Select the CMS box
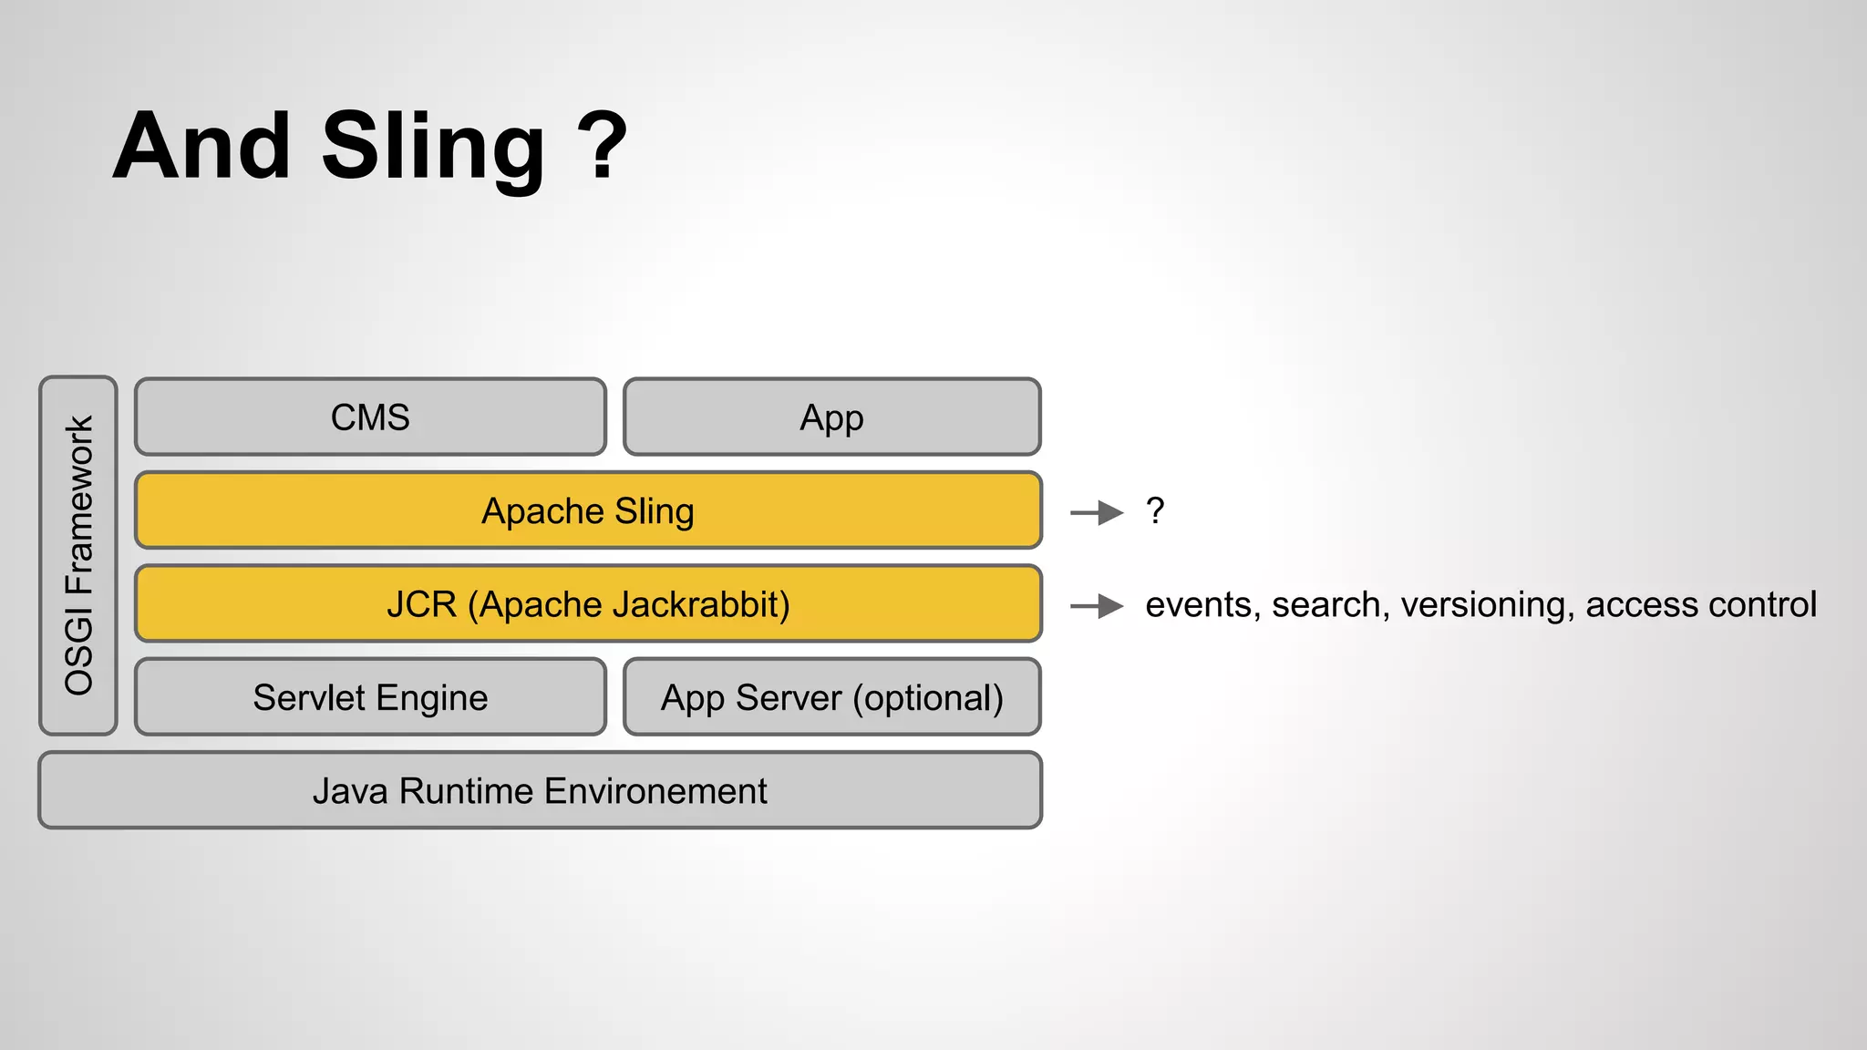[370, 417]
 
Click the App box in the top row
[831, 417]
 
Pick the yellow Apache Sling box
[588, 510]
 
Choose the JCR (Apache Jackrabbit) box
[588, 604]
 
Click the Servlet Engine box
[370, 697]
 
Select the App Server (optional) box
[831, 697]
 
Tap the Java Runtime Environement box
[540, 790]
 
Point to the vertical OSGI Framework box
[78, 555]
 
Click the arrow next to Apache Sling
[1097, 513]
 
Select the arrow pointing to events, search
[1097, 606]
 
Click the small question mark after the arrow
[1155, 510]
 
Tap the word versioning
[1487, 605]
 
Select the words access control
[1701, 605]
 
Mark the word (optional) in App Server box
[928, 698]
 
